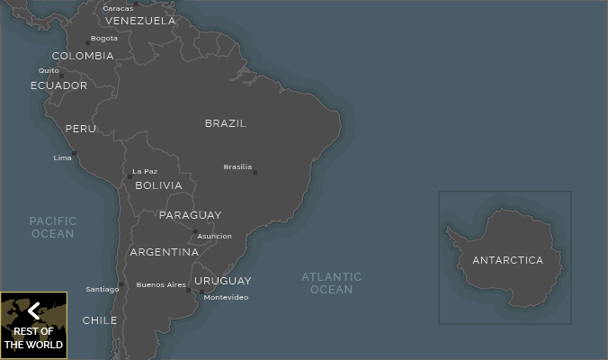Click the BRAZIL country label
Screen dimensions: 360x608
point(225,123)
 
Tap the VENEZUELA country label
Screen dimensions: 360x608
point(140,21)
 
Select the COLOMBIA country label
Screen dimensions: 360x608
point(83,56)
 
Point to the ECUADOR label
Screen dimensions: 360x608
point(58,85)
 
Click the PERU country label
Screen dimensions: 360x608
point(80,129)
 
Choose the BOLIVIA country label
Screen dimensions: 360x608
point(158,185)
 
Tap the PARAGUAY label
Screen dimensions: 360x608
point(190,215)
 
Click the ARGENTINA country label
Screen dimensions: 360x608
point(164,252)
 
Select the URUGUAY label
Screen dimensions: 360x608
point(222,281)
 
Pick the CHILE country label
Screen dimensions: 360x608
point(99,320)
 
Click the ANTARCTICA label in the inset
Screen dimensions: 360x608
point(507,260)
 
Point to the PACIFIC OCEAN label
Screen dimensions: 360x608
point(53,227)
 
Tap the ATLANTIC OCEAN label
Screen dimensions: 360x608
point(331,283)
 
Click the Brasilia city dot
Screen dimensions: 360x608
point(255,172)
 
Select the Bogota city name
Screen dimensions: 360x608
point(103,39)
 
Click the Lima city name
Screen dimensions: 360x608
point(62,157)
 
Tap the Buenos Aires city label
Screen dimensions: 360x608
point(161,285)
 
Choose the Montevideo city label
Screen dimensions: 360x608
point(226,297)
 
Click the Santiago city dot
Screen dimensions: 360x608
point(122,284)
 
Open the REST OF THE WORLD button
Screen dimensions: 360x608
point(33,325)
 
